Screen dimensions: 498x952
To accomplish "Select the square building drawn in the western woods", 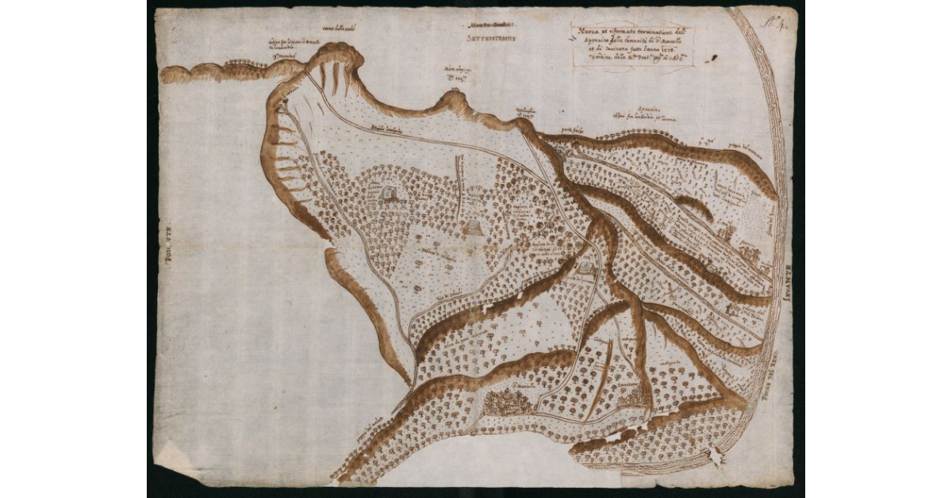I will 388,193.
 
